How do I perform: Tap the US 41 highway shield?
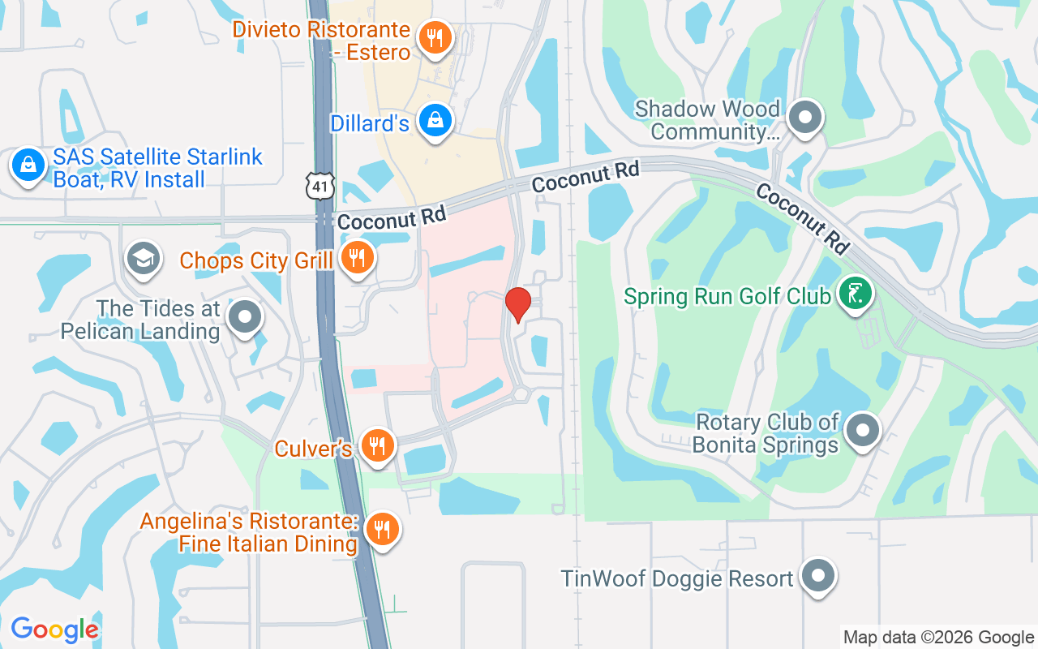tap(320, 186)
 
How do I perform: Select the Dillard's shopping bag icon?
tap(435, 121)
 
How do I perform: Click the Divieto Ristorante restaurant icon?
tap(435, 37)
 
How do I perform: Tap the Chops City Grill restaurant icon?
tap(355, 259)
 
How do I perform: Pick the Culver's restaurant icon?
tap(377, 445)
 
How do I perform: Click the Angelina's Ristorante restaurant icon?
tap(381, 530)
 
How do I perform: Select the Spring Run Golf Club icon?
tap(855, 293)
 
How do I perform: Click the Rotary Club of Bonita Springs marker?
tap(862, 430)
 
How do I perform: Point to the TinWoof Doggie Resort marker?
tap(817, 577)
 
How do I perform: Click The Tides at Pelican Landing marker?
tap(244, 318)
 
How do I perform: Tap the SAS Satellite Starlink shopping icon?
tap(28, 165)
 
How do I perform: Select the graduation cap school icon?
tap(144, 260)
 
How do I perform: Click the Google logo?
tap(55, 629)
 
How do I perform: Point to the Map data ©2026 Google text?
tap(938, 638)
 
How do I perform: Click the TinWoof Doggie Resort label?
tap(677, 579)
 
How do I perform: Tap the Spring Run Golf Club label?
tap(727, 295)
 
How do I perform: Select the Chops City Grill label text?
tap(256, 260)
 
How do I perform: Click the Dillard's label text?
tap(370, 123)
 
